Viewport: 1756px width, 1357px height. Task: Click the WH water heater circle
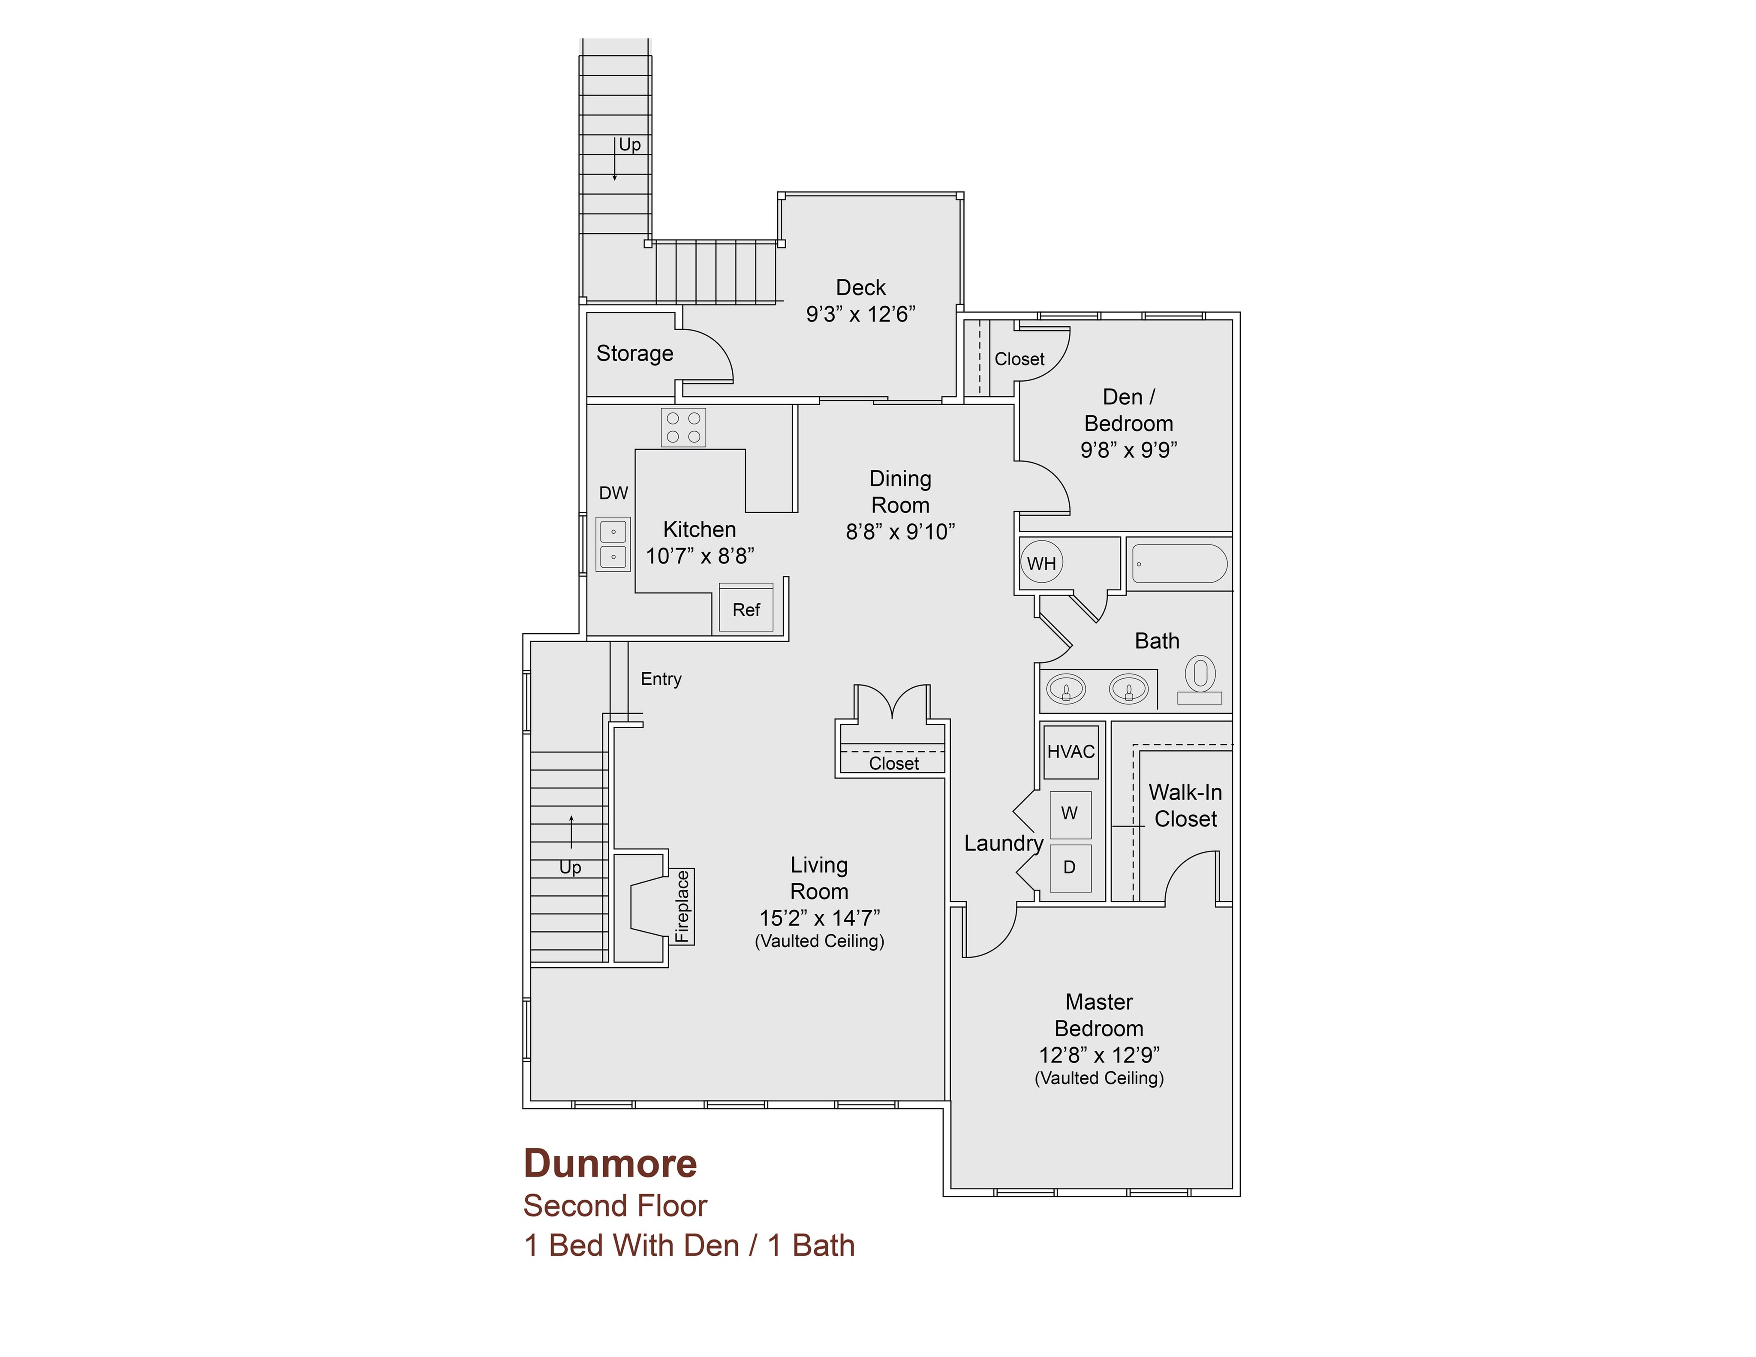(x=1042, y=563)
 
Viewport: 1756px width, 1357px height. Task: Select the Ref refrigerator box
(x=746, y=608)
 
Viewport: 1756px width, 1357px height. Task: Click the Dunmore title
(x=610, y=1163)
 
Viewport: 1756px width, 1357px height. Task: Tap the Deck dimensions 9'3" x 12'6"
(x=860, y=314)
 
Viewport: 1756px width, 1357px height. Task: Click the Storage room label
(x=634, y=354)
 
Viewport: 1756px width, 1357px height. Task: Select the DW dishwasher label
(x=613, y=493)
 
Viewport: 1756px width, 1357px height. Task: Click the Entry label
(x=661, y=679)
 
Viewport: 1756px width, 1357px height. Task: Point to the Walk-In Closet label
(x=1185, y=806)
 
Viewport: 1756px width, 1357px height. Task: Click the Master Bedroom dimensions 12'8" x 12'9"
(x=1099, y=1055)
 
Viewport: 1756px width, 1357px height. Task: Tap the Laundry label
(x=1004, y=843)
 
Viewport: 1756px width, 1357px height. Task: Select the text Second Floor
(x=615, y=1206)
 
